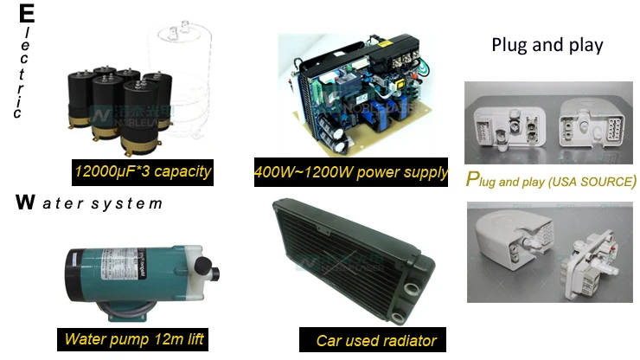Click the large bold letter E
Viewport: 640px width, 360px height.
click(26, 15)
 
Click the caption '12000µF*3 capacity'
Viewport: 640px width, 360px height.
click(143, 171)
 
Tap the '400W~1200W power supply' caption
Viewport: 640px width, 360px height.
click(351, 172)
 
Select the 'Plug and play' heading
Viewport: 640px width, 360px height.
click(547, 45)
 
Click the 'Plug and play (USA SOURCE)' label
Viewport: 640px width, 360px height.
click(551, 181)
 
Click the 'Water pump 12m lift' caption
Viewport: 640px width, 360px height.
click(134, 338)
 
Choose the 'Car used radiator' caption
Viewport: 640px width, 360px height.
click(376, 340)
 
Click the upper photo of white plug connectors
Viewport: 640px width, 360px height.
click(550, 121)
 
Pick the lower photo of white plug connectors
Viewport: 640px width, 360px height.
click(550, 251)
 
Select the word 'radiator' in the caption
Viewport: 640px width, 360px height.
click(407, 340)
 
